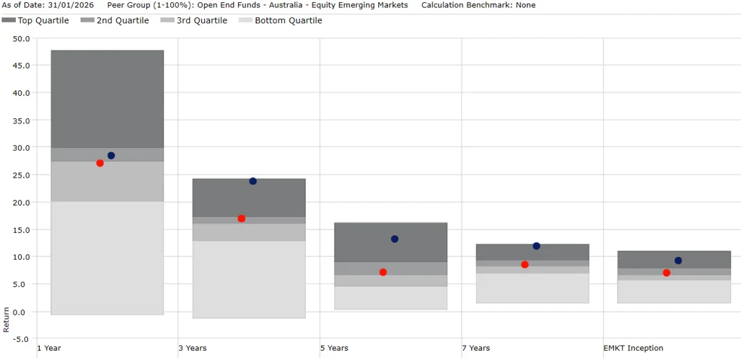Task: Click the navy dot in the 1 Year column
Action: (111, 156)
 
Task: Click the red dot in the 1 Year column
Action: (100, 163)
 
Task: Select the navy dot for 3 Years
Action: (253, 181)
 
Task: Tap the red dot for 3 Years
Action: (242, 219)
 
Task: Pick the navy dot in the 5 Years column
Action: (395, 239)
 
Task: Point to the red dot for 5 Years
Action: (383, 272)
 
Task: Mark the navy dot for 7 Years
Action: (536, 246)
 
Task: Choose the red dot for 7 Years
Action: (525, 265)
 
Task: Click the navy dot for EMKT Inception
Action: (678, 260)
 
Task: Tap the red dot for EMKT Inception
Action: (667, 273)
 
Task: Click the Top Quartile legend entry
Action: (36, 21)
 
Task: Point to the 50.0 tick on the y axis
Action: (20, 38)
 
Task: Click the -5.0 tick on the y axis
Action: (20, 339)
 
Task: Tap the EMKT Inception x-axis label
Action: (633, 348)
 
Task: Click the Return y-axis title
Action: (6, 320)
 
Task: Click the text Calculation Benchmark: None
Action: (478, 5)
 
